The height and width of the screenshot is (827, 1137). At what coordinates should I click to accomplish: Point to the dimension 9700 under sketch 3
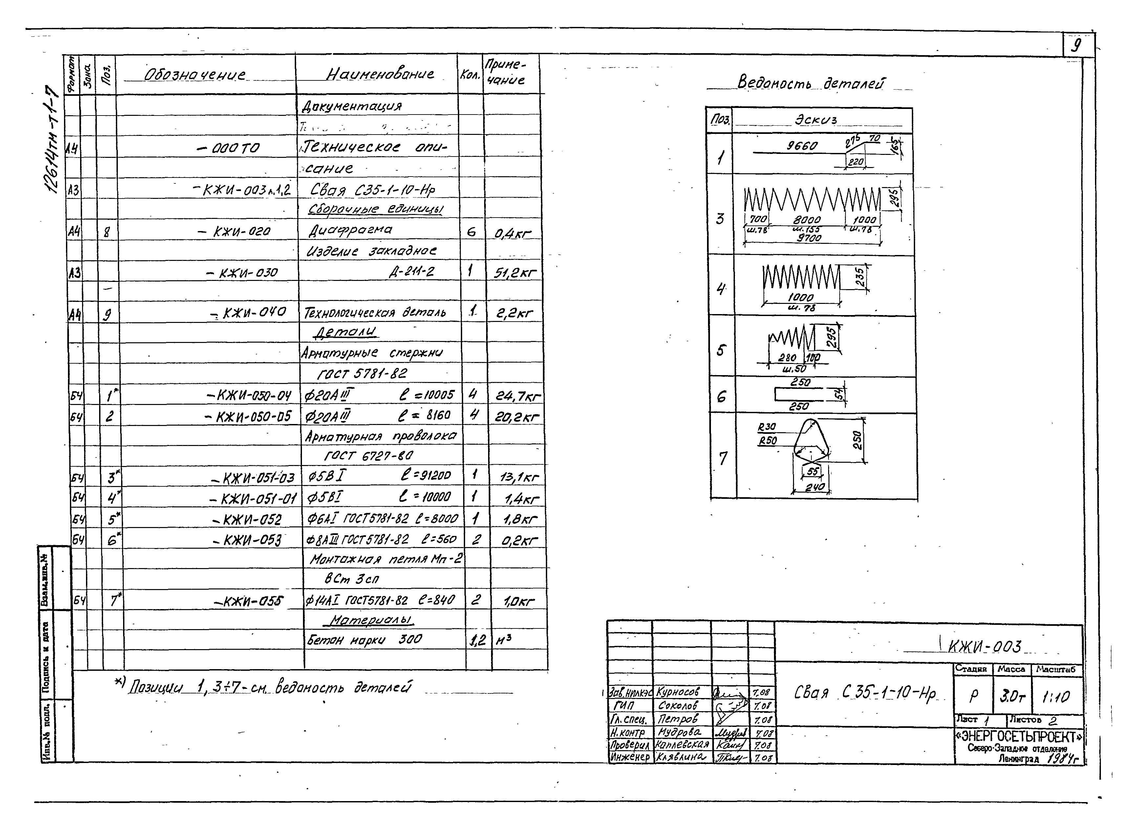pyautogui.click(x=809, y=238)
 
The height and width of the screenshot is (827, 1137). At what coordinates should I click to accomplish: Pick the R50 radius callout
pyautogui.click(x=767, y=440)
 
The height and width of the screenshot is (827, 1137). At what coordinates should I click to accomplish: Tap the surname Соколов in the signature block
pyautogui.click(x=678, y=706)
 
